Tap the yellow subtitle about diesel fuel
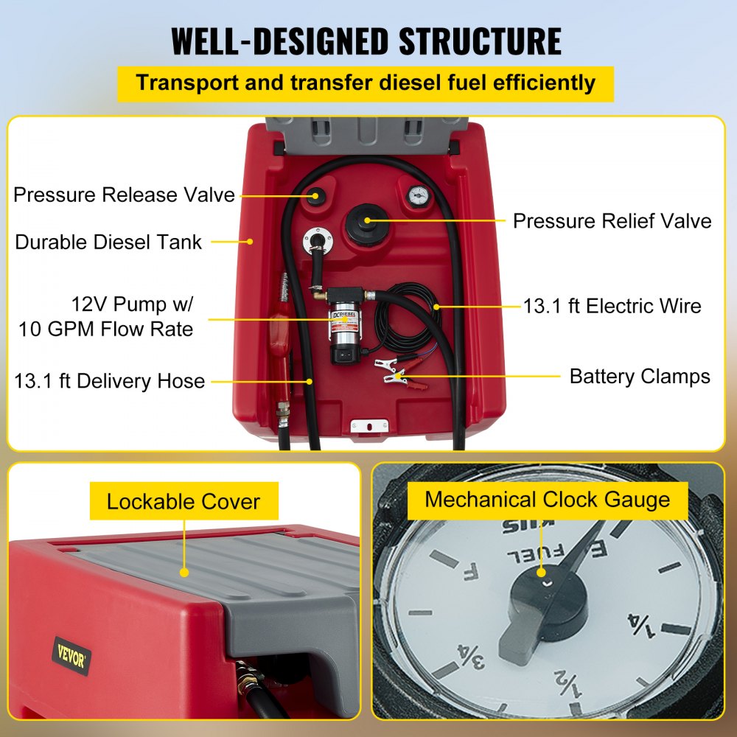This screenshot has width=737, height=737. pos(366,83)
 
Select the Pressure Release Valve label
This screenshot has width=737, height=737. pos(124,195)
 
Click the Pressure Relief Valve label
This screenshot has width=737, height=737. pos(612,221)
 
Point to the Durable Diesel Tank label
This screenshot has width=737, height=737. pos(108,242)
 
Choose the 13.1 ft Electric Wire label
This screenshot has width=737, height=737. pos(612,306)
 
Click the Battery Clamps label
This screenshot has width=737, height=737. pos(640,377)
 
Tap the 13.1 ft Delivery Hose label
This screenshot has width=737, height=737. pos(109,381)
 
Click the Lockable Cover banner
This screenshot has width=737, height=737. pos(184,502)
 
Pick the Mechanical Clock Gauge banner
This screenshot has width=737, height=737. pos(548,500)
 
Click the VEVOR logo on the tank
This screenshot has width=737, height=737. pos(71,655)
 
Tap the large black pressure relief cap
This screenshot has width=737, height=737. pos(367,219)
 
